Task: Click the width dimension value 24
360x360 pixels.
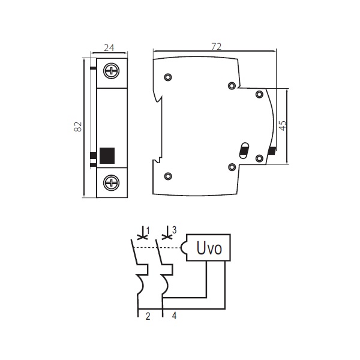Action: [x=109, y=48]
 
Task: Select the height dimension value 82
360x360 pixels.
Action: [x=78, y=127]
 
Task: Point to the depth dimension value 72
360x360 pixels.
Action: [x=216, y=47]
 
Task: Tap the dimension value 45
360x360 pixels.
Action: [x=283, y=125]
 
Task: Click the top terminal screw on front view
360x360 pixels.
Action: [x=112, y=70]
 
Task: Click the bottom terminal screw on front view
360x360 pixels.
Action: [x=112, y=183]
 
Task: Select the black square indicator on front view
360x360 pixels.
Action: [x=107, y=155]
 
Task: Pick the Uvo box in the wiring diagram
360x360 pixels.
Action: [x=208, y=247]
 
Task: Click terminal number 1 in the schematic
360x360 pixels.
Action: [x=148, y=230]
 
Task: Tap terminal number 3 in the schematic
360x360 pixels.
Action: [x=174, y=230]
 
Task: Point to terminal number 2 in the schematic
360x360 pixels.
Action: [x=148, y=316]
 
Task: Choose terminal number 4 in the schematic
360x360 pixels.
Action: [x=174, y=316]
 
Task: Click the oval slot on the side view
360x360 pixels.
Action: [x=244, y=151]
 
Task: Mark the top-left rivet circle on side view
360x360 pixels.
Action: [x=168, y=77]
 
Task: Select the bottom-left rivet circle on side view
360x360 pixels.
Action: [x=168, y=176]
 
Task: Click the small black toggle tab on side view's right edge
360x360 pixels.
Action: [x=272, y=151]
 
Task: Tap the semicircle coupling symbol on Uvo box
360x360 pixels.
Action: [x=183, y=248]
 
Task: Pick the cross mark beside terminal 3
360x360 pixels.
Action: [x=167, y=236]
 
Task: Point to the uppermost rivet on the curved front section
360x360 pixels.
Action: [x=259, y=94]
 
